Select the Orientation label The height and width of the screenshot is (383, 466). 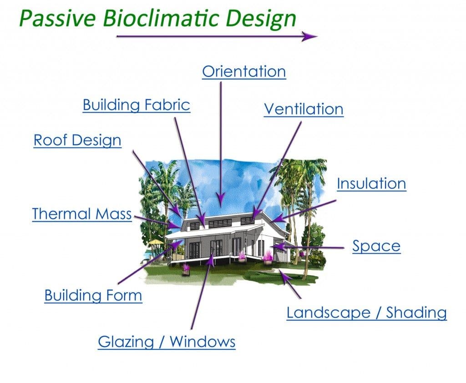tap(244, 72)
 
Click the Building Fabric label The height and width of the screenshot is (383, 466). tap(136, 105)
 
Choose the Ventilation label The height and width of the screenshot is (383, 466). tap(304, 109)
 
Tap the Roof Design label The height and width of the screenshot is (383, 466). tap(77, 140)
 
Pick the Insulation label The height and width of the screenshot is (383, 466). tap(371, 184)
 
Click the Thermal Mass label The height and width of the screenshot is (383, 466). tap(81, 214)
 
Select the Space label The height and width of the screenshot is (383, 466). tap(376, 246)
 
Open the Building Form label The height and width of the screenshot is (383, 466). tap(93, 296)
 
